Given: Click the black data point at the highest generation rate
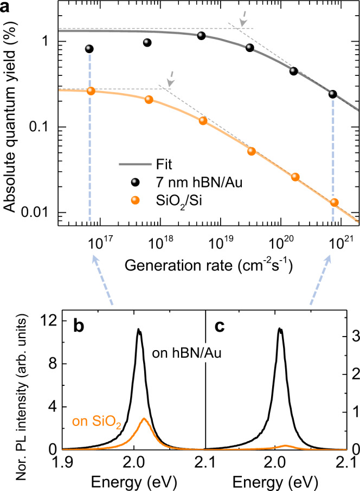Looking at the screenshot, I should point(333,94).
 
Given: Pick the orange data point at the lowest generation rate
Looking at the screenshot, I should point(91,91).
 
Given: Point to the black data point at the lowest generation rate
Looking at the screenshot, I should point(89,49).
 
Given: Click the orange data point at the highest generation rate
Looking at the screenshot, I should point(334,202).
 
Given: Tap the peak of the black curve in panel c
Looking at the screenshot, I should point(280,328).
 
